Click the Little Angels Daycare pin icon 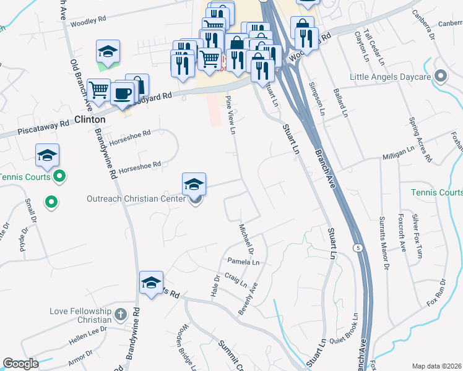tap(441, 77)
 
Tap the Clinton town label tap(90, 119)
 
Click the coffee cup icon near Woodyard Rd tap(122, 93)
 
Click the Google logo tap(20, 364)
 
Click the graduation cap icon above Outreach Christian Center tap(194, 184)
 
